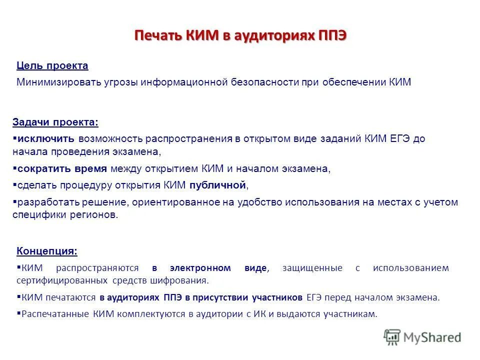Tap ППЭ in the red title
tap(331, 36)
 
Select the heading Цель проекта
tap(52, 65)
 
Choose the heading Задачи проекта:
tap(55, 122)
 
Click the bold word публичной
tap(217, 185)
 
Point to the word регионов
tap(99, 214)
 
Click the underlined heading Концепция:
tap(47, 250)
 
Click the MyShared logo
tap(422, 337)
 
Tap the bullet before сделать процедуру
tap(14, 185)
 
